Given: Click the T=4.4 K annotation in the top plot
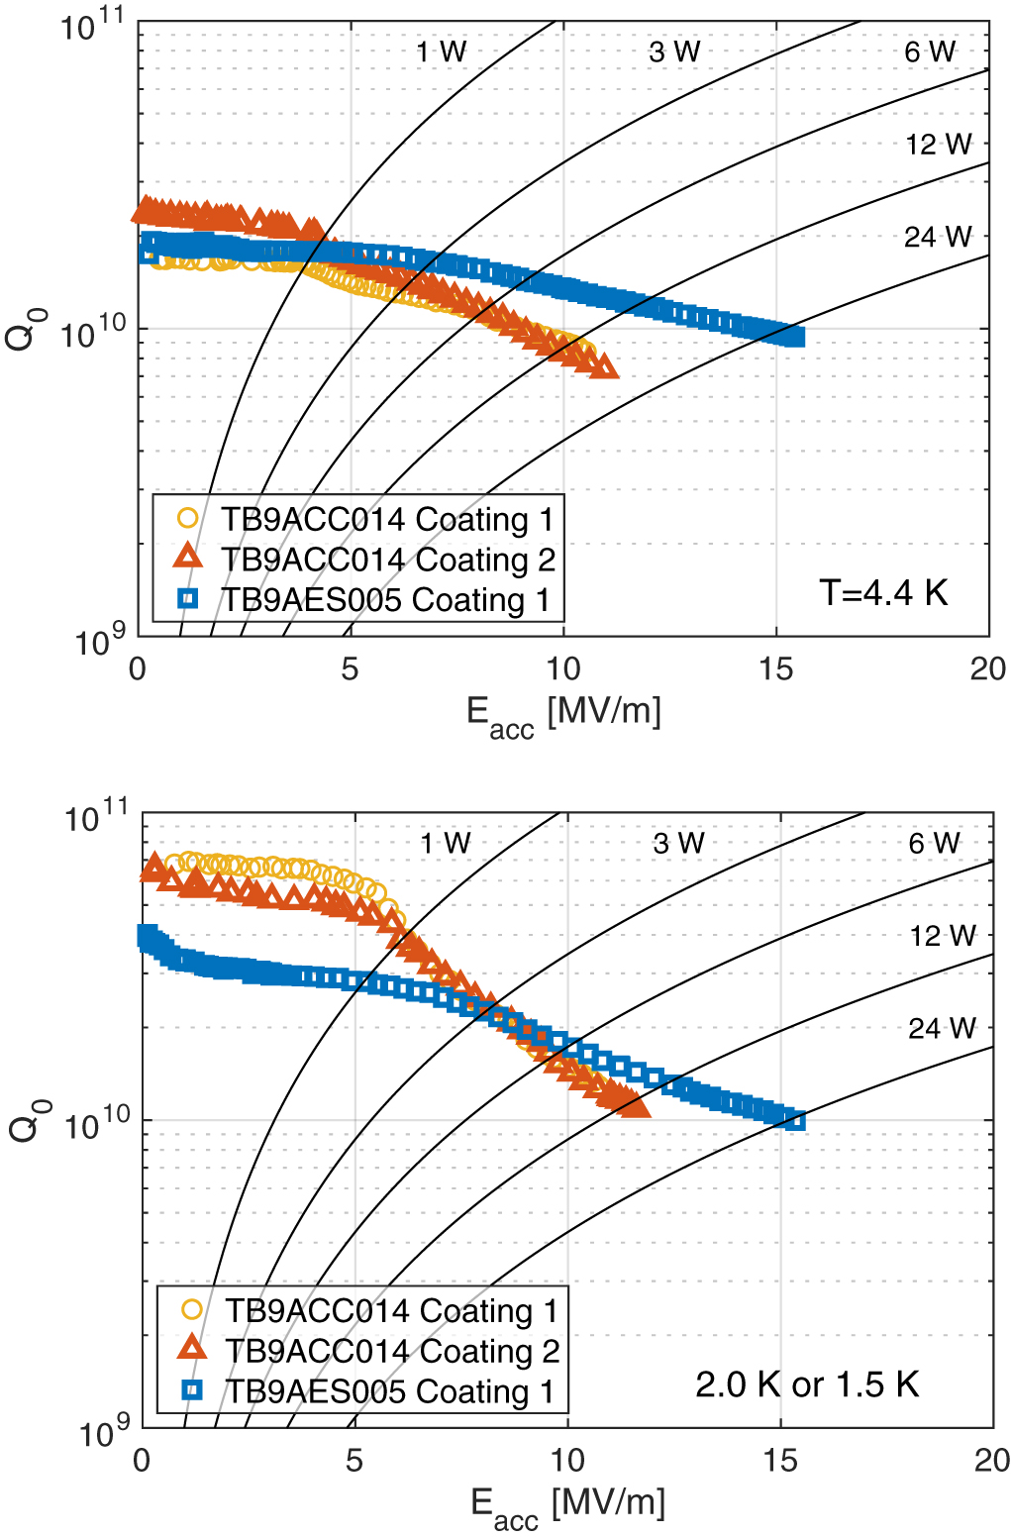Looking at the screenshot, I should click(883, 592).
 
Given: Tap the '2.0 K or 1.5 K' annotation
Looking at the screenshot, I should click(807, 1383).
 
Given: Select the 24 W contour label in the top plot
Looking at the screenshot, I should click(938, 237).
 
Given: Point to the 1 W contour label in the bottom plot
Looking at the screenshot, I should click(445, 844).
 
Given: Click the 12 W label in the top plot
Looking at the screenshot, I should click(938, 145).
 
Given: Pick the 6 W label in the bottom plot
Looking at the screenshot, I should click(934, 844).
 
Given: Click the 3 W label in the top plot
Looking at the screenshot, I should click(674, 52).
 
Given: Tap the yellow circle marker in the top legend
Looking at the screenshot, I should click(187, 518).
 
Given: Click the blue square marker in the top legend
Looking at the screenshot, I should click(187, 598).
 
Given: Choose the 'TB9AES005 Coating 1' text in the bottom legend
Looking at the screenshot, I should click(390, 1390).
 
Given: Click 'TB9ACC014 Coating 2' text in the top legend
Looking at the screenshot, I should click(387, 560).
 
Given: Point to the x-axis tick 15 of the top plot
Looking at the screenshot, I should click(775, 669).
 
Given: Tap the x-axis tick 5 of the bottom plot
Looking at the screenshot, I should click(354, 1461).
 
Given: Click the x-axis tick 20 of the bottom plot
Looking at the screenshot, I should click(991, 1461).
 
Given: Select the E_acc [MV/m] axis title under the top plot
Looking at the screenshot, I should click(563, 714).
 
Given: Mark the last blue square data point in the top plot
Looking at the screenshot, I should click(794, 338).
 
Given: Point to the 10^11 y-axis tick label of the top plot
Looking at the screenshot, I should click(94, 26).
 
